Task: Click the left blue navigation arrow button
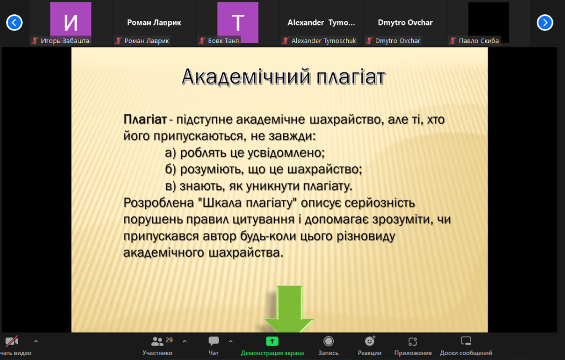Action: coord(14,23)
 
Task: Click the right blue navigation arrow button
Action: coord(545,23)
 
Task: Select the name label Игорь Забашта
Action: coord(65,41)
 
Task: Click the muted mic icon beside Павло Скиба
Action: coord(452,41)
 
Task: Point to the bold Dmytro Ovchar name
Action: coord(405,23)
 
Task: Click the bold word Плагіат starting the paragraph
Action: coord(145,119)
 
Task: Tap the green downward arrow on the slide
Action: coord(289,309)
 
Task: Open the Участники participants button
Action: coord(157,346)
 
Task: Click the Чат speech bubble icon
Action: coord(214,341)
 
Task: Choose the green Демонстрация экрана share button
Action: coord(273,346)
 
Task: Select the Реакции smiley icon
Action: coord(370,341)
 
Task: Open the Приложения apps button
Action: coord(413,346)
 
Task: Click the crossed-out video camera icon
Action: coord(12,341)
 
